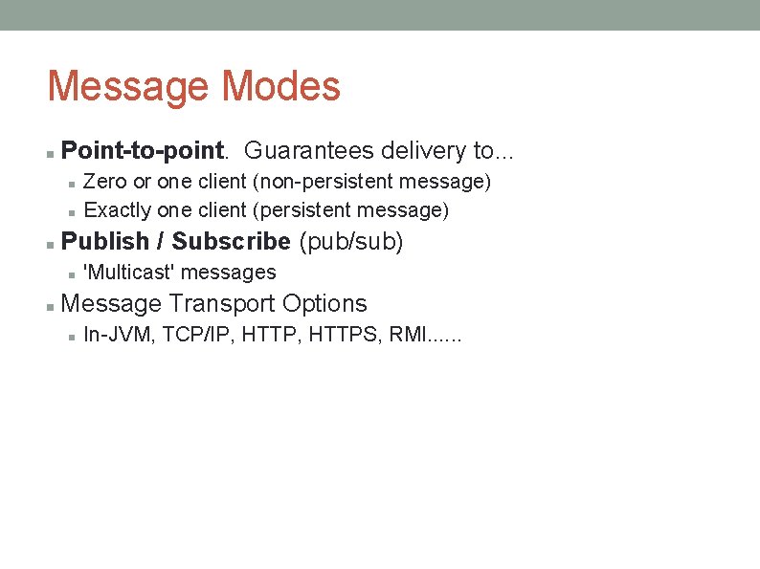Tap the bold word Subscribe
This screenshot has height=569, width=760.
[x=231, y=241]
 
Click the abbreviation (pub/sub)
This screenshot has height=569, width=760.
[x=351, y=241]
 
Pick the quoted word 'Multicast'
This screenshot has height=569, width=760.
[x=129, y=273]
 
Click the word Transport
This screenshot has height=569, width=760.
[x=221, y=303]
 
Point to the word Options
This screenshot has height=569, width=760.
[x=324, y=303]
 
